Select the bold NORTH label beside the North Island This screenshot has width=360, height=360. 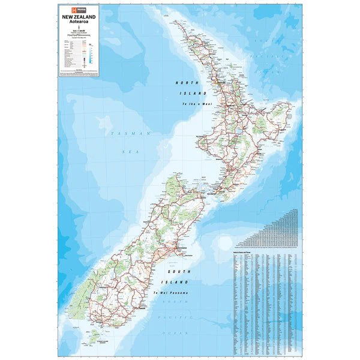184,82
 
